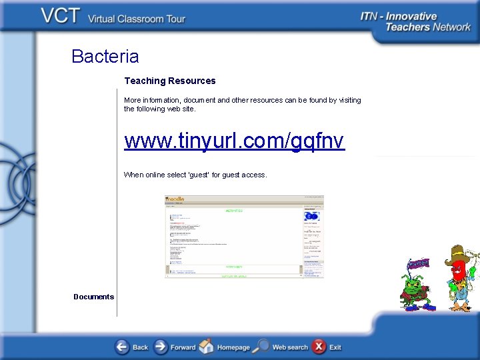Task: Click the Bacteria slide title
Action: pos(105,56)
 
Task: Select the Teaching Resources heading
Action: pos(170,81)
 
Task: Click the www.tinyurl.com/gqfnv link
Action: pos(234,141)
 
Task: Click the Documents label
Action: pos(93,297)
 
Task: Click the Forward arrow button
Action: pos(161,347)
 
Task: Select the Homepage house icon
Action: pos(207,347)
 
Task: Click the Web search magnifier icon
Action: pos(262,347)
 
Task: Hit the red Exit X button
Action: pos(319,347)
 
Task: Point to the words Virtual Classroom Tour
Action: pos(137,19)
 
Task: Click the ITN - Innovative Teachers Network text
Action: pos(415,21)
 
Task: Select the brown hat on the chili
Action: pos(459,254)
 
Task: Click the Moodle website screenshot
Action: pos(244,236)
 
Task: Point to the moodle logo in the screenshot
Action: pos(175,199)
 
